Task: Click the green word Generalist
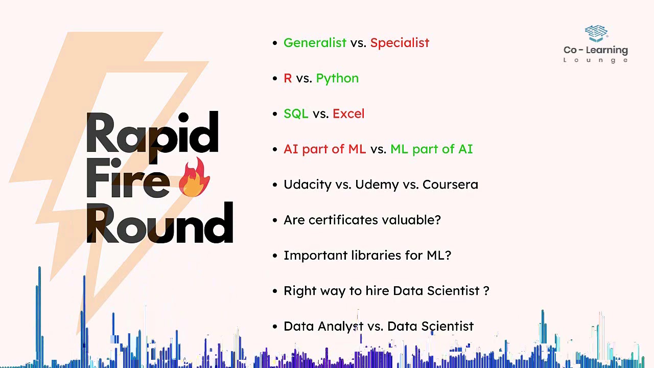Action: [315, 43]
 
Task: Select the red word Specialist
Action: [400, 43]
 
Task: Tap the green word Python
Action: [337, 78]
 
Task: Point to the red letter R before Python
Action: [288, 78]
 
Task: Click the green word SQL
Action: [296, 113]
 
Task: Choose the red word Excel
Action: [348, 113]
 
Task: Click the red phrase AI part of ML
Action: [324, 149]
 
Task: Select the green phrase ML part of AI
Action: [431, 149]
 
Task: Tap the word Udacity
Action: [308, 185]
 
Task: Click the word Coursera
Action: [450, 185]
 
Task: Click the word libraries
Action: [376, 255]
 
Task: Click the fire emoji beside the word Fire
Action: [194, 178]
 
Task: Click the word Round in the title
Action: [159, 224]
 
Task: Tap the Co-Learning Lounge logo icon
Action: [596, 34]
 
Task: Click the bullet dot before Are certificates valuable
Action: [275, 220]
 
